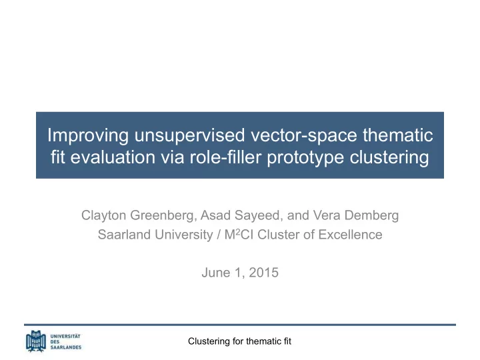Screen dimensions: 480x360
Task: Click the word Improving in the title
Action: tap(88, 135)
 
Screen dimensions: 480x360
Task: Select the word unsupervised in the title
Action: tap(190, 135)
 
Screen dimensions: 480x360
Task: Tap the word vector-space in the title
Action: tap(304, 135)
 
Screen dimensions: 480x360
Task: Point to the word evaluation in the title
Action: tap(113, 157)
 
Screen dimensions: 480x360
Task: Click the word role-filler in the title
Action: tap(225, 157)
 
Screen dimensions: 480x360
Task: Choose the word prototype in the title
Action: tap(305, 157)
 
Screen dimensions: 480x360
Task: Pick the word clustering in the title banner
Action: tap(389, 157)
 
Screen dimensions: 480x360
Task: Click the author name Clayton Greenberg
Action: tap(138, 215)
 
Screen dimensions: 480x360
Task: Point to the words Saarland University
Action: tap(155, 235)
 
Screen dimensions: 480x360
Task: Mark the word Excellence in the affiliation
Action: tap(350, 235)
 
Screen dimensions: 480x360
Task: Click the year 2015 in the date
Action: tap(263, 273)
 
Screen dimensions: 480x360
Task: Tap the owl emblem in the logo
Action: tap(36, 341)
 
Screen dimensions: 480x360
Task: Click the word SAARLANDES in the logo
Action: tap(66, 347)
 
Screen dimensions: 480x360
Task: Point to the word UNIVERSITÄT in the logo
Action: tap(65, 336)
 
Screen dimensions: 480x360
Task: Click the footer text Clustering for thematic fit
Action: tap(240, 341)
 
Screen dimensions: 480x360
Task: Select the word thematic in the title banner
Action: tap(398, 135)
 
